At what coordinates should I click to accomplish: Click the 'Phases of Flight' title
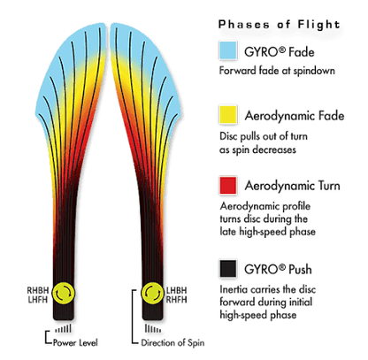coord(279,25)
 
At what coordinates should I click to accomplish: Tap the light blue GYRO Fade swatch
coord(228,50)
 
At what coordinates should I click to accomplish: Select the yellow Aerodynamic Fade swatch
coord(228,114)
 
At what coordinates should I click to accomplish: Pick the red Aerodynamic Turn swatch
coord(228,186)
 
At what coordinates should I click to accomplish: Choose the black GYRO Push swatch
coord(228,269)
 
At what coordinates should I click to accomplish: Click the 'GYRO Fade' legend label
coord(279,52)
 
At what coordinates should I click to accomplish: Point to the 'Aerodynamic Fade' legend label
coord(295,116)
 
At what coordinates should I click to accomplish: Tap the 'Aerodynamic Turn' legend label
coord(292,186)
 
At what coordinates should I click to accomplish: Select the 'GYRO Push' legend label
coord(278,269)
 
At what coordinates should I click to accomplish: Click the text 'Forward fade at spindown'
coord(277,71)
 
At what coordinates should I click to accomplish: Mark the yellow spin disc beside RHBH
coord(64,293)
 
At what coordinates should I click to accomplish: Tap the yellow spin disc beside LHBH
coord(152,293)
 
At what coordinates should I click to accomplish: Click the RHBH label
coord(38,290)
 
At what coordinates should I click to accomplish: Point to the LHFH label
coord(38,300)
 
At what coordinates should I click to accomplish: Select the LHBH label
coord(176,290)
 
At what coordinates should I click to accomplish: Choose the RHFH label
coord(176,300)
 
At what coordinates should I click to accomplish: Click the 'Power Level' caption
coord(75,342)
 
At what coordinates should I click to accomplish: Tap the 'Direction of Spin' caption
coord(172,342)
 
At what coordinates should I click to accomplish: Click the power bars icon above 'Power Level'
coord(64,328)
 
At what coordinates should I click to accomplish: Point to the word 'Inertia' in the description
coord(234,289)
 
